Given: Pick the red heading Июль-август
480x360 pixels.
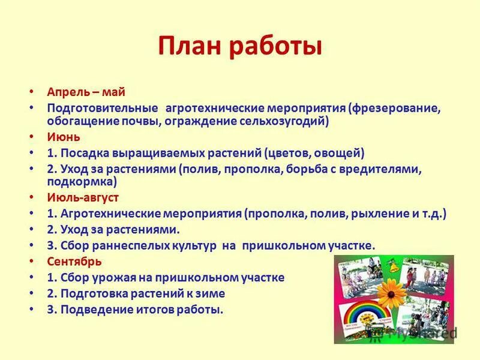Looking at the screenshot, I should click(x=82, y=197).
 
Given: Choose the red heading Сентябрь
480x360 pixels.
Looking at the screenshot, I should click(x=74, y=262).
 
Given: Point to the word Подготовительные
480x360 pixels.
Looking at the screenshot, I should click(x=103, y=108).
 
